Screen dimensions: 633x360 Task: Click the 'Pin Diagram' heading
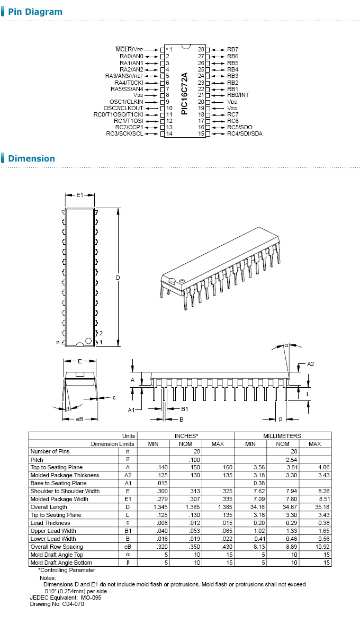[x=35, y=12]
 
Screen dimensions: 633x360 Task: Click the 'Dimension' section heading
[x=31, y=158]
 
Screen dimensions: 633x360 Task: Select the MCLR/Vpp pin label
[x=129, y=49]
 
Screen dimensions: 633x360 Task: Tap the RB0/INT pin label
[x=238, y=95]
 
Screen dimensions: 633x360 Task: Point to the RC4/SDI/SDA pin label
[x=245, y=133]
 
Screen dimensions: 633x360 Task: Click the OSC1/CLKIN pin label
[x=126, y=102]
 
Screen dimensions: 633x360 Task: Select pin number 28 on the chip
[x=201, y=49]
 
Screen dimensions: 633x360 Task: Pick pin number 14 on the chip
[x=169, y=133]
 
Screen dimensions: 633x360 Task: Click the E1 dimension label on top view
[x=80, y=195]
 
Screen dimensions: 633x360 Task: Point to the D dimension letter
[x=118, y=278]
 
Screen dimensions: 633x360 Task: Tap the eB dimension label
[x=80, y=419]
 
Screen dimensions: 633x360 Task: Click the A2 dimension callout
[x=311, y=364]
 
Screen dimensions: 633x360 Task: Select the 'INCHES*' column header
[x=186, y=435]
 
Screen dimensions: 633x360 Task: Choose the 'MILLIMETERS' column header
[x=282, y=435]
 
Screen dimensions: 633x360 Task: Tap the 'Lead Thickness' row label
[x=50, y=523]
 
